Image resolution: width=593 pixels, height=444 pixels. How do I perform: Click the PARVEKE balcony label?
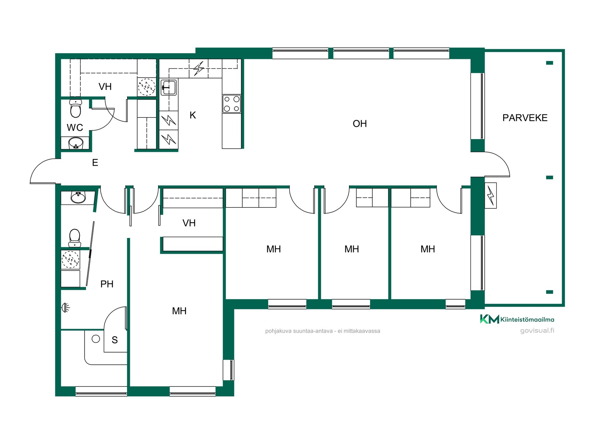(525, 118)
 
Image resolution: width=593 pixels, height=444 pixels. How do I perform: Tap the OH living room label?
(360, 124)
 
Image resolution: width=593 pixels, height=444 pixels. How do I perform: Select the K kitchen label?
(193, 115)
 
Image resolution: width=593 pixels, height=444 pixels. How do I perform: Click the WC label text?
(75, 127)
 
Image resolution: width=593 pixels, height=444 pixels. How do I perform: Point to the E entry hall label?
(95, 162)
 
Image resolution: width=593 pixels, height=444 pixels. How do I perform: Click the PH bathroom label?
(107, 284)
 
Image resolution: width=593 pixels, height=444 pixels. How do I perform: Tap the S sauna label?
(115, 340)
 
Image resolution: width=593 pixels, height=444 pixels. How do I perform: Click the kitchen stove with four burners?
(232, 104)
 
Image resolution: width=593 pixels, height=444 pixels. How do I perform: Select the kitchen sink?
(169, 87)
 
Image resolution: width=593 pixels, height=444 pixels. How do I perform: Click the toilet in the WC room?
(76, 108)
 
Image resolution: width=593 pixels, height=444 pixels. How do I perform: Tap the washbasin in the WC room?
(76, 143)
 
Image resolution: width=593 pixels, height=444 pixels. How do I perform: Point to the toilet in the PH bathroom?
(74, 238)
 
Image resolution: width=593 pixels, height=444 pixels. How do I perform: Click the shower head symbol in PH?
(66, 307)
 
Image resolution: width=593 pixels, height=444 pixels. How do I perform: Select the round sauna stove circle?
(96, 339)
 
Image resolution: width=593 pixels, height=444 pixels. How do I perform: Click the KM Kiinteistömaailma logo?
(517, 319)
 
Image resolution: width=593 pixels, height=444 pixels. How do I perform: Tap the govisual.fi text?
(537, 331)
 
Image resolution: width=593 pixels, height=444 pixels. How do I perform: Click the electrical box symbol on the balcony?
(490, 195)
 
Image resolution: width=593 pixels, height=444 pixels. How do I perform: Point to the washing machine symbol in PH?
(70, 259)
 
